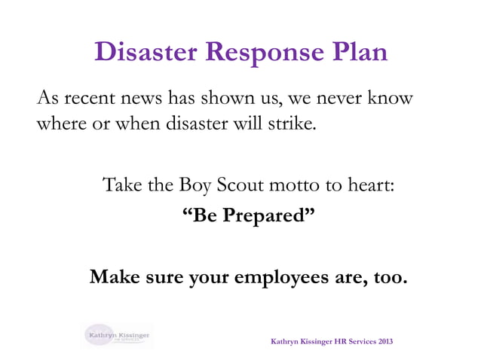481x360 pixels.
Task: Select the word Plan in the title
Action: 360,52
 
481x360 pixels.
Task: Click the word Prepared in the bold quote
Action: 261,217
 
